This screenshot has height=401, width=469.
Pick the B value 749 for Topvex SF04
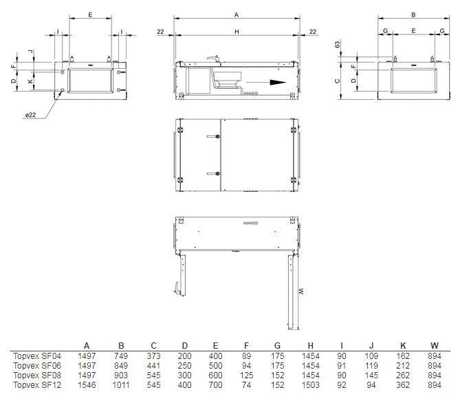click(120, 356)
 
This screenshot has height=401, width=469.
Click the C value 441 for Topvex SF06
click(153, 365)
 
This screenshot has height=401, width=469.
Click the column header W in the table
click(433, 345)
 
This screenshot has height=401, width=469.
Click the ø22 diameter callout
click(31, 114)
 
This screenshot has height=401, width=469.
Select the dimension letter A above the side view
click(237, 14)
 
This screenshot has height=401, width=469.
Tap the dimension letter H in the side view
click(237, 32)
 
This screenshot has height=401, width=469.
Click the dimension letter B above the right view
click(413, 14)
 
